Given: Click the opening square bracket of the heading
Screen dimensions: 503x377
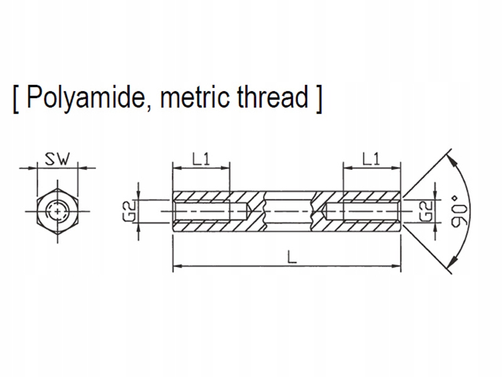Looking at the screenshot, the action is pos(16,99).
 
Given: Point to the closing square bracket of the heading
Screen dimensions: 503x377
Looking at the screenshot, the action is pos(318,99).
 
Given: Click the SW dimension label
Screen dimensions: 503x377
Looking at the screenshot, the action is pos(57,159).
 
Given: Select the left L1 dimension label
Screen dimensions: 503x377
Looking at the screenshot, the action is pos(201,159).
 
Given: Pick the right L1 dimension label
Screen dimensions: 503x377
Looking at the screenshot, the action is pos(371,159).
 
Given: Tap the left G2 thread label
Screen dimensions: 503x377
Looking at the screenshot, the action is pos(130,211).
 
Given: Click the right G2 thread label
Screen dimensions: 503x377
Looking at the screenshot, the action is pos(426,211).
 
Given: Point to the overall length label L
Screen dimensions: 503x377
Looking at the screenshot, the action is pos(292,256).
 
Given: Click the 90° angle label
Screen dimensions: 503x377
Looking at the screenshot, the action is pos(460,211).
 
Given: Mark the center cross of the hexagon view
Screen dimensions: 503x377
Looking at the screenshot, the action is pos(57,212).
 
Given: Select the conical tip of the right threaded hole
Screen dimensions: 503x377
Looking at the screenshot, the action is pos(324,211).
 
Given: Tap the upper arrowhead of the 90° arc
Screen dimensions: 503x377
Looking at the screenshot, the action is pos(453,161).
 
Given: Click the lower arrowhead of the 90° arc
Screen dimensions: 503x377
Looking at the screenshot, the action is pos(453,262).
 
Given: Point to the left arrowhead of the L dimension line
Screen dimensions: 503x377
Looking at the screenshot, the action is pos(178,266).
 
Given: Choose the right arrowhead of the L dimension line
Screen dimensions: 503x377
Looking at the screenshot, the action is pos(396,266).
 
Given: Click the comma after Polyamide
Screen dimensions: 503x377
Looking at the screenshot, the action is pos(150,108).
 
